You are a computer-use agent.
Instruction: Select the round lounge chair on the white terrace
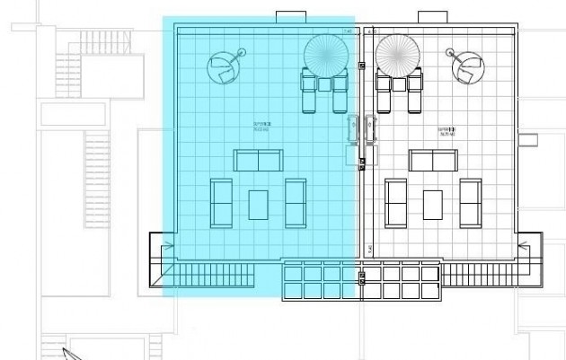(x=467, y=65)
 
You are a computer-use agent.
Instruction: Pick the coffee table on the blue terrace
(x=258, y=204)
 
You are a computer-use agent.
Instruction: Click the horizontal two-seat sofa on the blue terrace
(x=258, y=161)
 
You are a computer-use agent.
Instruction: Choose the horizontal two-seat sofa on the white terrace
(x=433, y=161)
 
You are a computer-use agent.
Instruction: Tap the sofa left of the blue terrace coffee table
(x=221, y=204)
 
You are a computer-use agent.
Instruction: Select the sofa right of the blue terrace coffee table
(x=296, y=204)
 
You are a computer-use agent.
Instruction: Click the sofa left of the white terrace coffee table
(x=396, y=204)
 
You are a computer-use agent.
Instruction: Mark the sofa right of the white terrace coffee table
(x=470, y=204)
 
